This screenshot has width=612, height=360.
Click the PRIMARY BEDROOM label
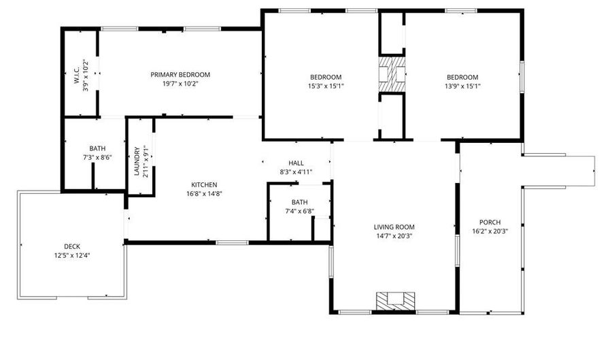click(x=180, y=75)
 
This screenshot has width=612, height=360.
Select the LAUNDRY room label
click(x=137, y=162)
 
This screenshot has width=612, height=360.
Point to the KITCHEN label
click(x=204, y=184)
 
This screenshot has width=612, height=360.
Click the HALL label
click(x=296, y=163)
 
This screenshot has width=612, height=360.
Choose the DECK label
click(x=72, y=246)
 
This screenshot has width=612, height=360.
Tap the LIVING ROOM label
click(x=394, y=227)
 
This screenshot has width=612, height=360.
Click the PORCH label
click(x=490, y=223)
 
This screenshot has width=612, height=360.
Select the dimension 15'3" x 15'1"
click(x=326, y=86)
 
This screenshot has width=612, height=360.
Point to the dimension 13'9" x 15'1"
click(x=462, y=86)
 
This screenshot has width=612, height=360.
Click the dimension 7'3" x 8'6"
click(x=97, y=157)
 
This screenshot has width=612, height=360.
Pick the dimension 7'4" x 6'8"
click(x=299, y=211)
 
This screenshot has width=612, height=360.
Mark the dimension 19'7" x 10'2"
click(x=180, y=84)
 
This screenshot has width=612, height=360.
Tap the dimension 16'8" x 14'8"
click(x=204, y=193)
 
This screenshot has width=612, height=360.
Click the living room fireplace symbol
click(x=395, y=299)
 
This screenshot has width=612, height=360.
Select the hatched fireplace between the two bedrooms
click(x=392, y=73)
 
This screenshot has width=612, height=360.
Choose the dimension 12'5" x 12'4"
click(x=72, y=255)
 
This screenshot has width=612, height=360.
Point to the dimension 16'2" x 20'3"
click(x=490, y=231)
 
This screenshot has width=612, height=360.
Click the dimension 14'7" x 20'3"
click(x=394, y=236)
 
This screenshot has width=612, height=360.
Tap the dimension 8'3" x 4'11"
click(x=296, y=172)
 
